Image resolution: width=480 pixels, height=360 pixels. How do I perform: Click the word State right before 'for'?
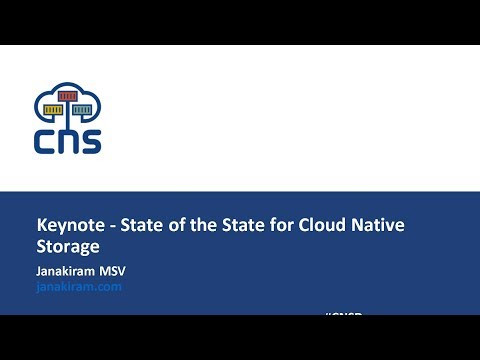pos(240,225)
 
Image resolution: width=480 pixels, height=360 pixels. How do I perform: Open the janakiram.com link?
pos(78,286)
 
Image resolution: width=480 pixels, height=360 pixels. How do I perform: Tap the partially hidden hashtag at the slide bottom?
pos(343,314)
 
